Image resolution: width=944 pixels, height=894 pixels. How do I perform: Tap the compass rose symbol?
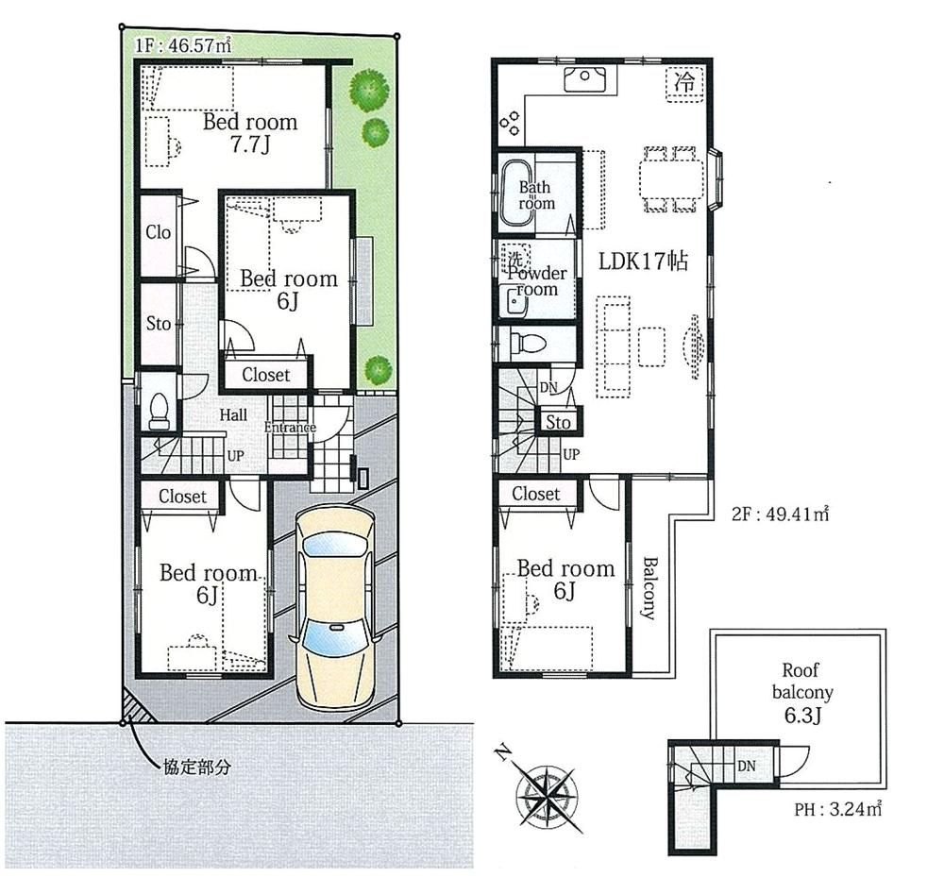pyautogui.click(x=547, y=786)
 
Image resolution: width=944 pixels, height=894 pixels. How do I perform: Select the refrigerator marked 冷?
pyautogui.click(x=685, y=82)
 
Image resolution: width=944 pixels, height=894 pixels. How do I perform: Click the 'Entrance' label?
pyautogui.click(x=290, y=428)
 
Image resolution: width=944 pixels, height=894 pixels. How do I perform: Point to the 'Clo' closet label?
pyautogui.click(x=159, y=231)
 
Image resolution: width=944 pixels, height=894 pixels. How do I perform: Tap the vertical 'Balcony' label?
pyautogui.click(x=650, y=587)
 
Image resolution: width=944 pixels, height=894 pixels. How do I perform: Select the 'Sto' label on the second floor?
pyautogui.click(x=559, y=422)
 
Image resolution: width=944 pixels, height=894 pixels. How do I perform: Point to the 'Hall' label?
pyautogui.click(x=233, y=414)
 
